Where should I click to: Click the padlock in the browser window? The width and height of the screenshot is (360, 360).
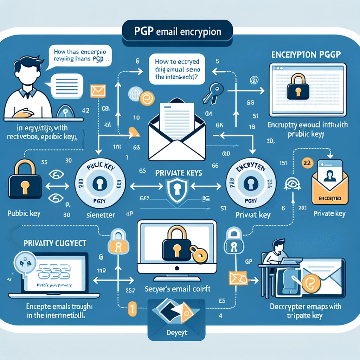298,88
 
